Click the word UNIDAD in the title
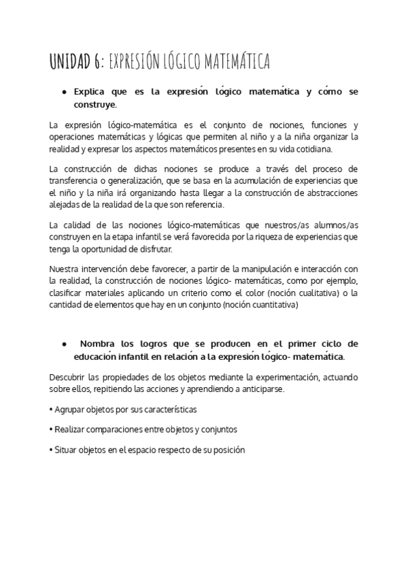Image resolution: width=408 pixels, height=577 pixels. coord(73,62)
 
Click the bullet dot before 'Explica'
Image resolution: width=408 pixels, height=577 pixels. coord(63,91)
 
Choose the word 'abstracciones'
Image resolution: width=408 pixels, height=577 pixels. coord(330,192)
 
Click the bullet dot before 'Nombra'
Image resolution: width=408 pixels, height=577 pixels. coord(63,344)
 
